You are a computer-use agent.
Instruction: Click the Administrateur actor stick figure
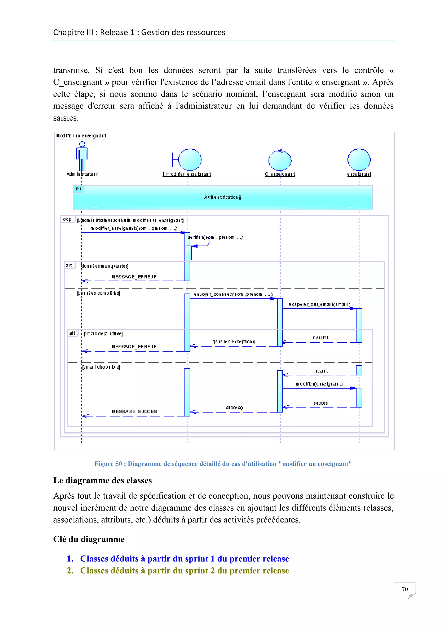click(82, 156)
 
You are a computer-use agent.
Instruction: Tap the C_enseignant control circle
click(280, 160)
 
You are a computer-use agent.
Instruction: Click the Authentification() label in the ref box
click(223, 197)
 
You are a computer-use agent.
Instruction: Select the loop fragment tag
click(67, 219)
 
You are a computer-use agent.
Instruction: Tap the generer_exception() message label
click(234, 342)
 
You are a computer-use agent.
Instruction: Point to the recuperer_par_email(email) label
click(319, 304)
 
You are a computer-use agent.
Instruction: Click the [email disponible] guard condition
click(101, 367)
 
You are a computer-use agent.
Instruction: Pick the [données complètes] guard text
click(98, 293)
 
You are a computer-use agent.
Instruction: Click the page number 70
click(405, 589)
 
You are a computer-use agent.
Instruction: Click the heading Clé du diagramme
click(89, 539)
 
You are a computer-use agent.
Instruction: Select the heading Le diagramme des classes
click(102, 480)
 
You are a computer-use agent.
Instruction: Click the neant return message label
click(321, 371)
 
